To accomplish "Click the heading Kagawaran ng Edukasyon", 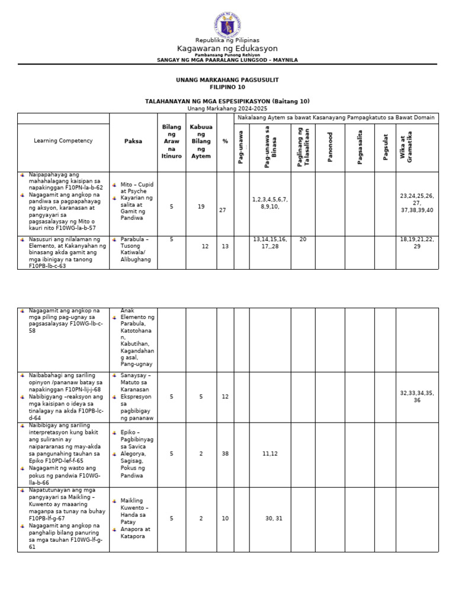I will click(227, 48).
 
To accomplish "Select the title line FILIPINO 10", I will click(227, 87).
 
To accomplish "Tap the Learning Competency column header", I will click(63, 140).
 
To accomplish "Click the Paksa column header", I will click(133, 141).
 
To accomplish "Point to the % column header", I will click(225, 141).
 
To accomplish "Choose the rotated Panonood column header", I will click(331, 147).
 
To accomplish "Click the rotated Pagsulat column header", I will click(385, 147).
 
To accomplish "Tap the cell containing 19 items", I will click(201, 207).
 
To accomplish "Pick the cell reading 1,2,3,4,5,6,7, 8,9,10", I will click(270, 203).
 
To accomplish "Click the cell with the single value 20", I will click(303, 239).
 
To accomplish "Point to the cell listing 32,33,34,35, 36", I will click(417, 397).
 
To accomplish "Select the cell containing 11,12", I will click(270, 453).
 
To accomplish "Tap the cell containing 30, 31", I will click(274, 518).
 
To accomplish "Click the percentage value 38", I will click(225, 453).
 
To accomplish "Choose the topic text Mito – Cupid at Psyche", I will click(137, 188).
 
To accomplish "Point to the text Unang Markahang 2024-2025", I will click(227, 108).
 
